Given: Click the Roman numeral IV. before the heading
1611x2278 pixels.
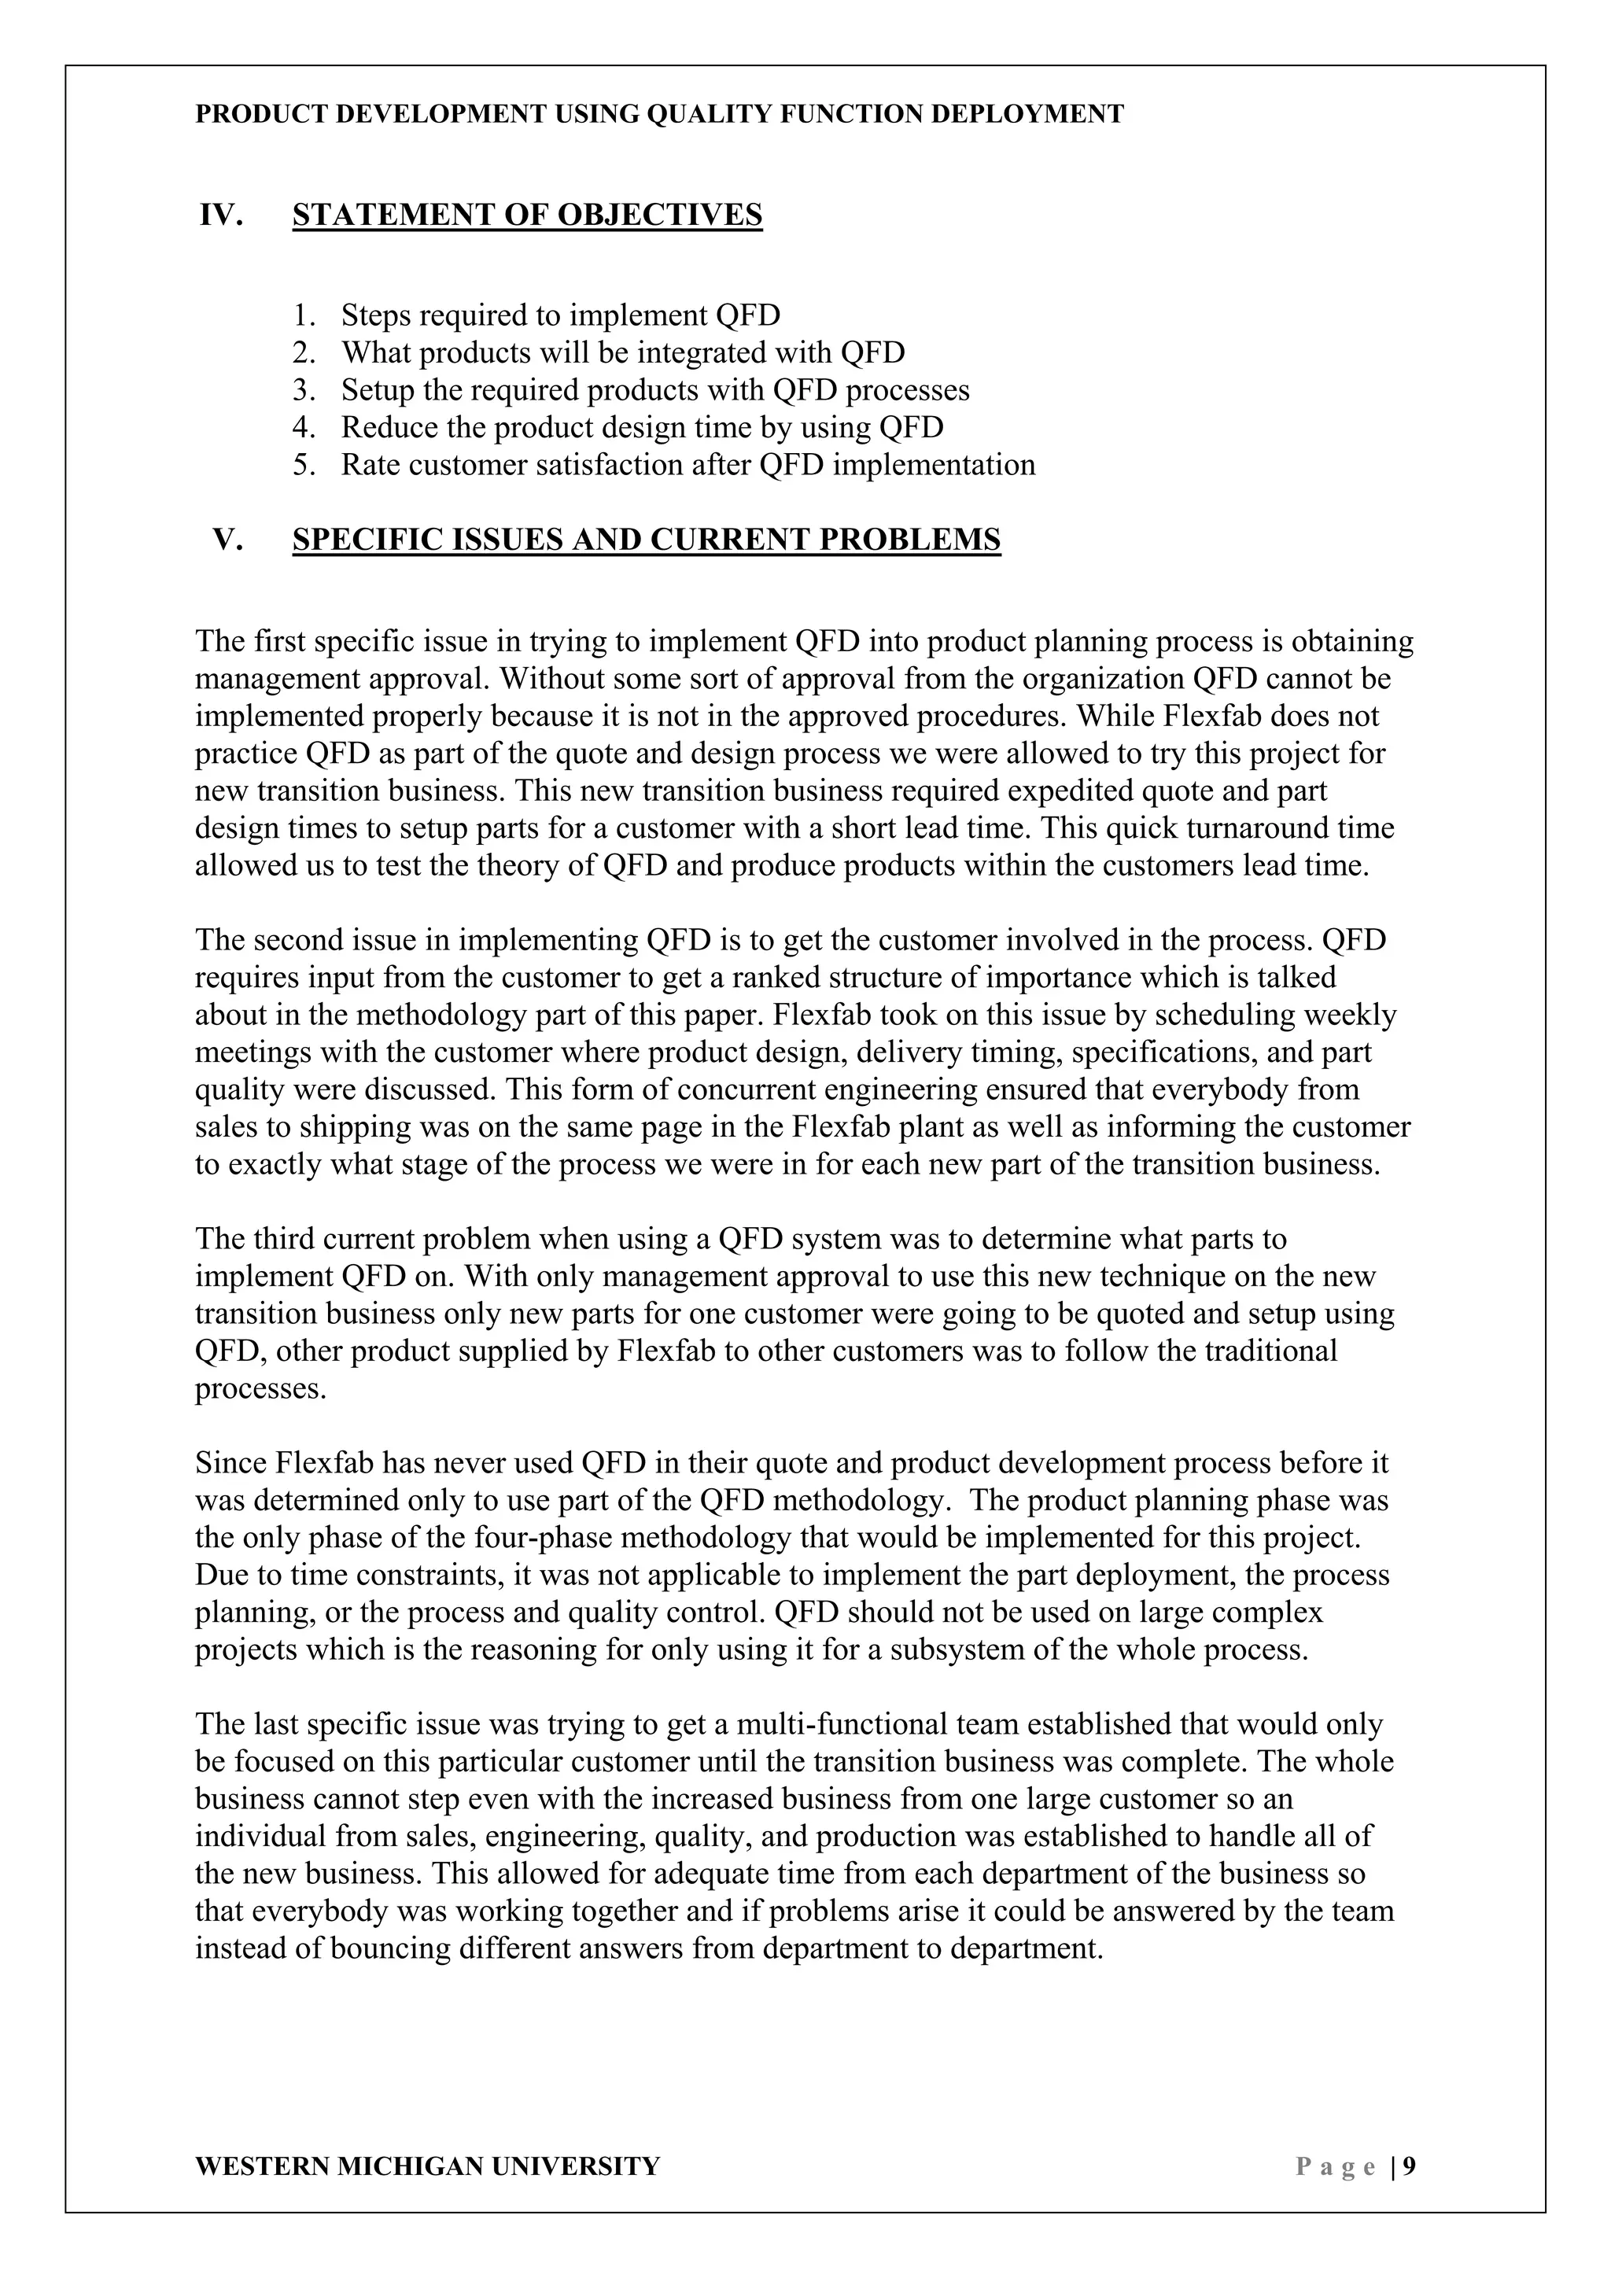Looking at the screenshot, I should (221, 216).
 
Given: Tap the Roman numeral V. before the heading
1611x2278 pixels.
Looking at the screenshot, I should (228, 540).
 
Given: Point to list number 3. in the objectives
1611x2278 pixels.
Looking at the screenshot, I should (304, 391).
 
